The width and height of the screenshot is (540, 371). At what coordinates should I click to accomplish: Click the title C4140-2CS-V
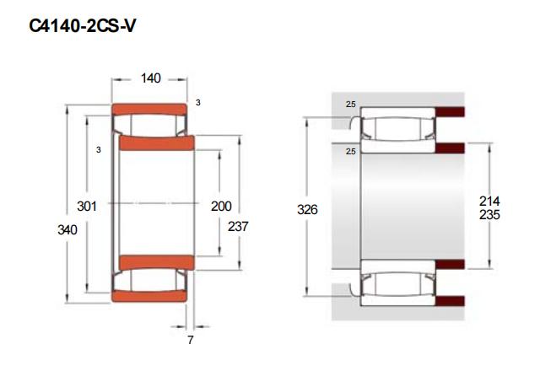[83, 26]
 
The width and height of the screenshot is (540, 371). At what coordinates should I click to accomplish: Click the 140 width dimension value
[151, 78]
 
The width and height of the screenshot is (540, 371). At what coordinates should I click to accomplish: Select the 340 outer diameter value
[67, 229]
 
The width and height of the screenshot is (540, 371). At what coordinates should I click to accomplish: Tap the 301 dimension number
[87, 206]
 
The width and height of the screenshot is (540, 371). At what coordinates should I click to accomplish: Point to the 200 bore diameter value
[221, 206]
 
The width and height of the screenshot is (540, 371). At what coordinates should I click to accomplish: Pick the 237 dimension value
[238, 226]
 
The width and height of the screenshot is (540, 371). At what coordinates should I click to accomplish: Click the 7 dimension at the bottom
[191, 340]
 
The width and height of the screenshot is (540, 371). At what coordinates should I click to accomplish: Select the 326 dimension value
[307, 209]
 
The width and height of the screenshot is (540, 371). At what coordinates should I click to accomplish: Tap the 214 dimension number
[489, 201]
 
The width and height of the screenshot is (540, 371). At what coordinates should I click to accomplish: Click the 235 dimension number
[489, 215]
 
